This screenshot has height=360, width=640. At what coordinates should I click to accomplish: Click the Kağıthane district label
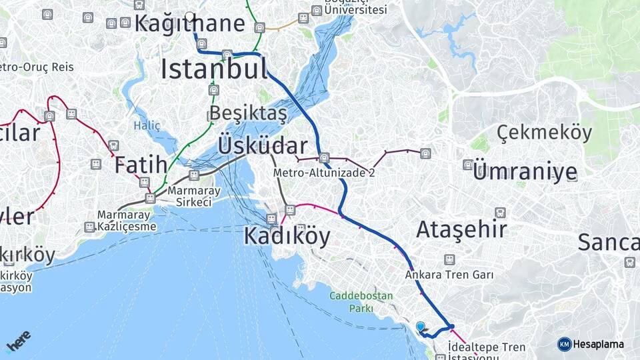(189, 24)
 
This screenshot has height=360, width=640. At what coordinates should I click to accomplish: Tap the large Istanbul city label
(214, 69)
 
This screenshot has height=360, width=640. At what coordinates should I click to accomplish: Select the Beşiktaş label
(248, 113)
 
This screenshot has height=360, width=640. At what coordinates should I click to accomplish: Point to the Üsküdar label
(263, 146)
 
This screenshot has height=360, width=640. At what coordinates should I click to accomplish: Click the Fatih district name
(141, 165)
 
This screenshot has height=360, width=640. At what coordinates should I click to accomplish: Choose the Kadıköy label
(287, 236)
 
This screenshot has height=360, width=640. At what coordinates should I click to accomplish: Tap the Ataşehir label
(461, 230)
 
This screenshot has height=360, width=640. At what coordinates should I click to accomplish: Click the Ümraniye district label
(525, 172)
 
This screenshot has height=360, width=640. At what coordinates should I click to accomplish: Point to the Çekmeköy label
(544, 133)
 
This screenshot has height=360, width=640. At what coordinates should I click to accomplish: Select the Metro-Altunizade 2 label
(324, 173)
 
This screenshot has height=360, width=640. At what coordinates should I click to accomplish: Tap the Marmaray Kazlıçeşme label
(127, 221)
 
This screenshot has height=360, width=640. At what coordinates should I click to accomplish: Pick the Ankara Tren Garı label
(449, 275)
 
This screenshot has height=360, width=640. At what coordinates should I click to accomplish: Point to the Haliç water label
(147, 125)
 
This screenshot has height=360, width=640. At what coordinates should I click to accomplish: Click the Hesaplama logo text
(598, 344)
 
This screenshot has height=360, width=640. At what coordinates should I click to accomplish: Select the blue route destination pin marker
(421, 327)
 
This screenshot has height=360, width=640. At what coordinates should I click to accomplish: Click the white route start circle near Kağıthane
(190, 17)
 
